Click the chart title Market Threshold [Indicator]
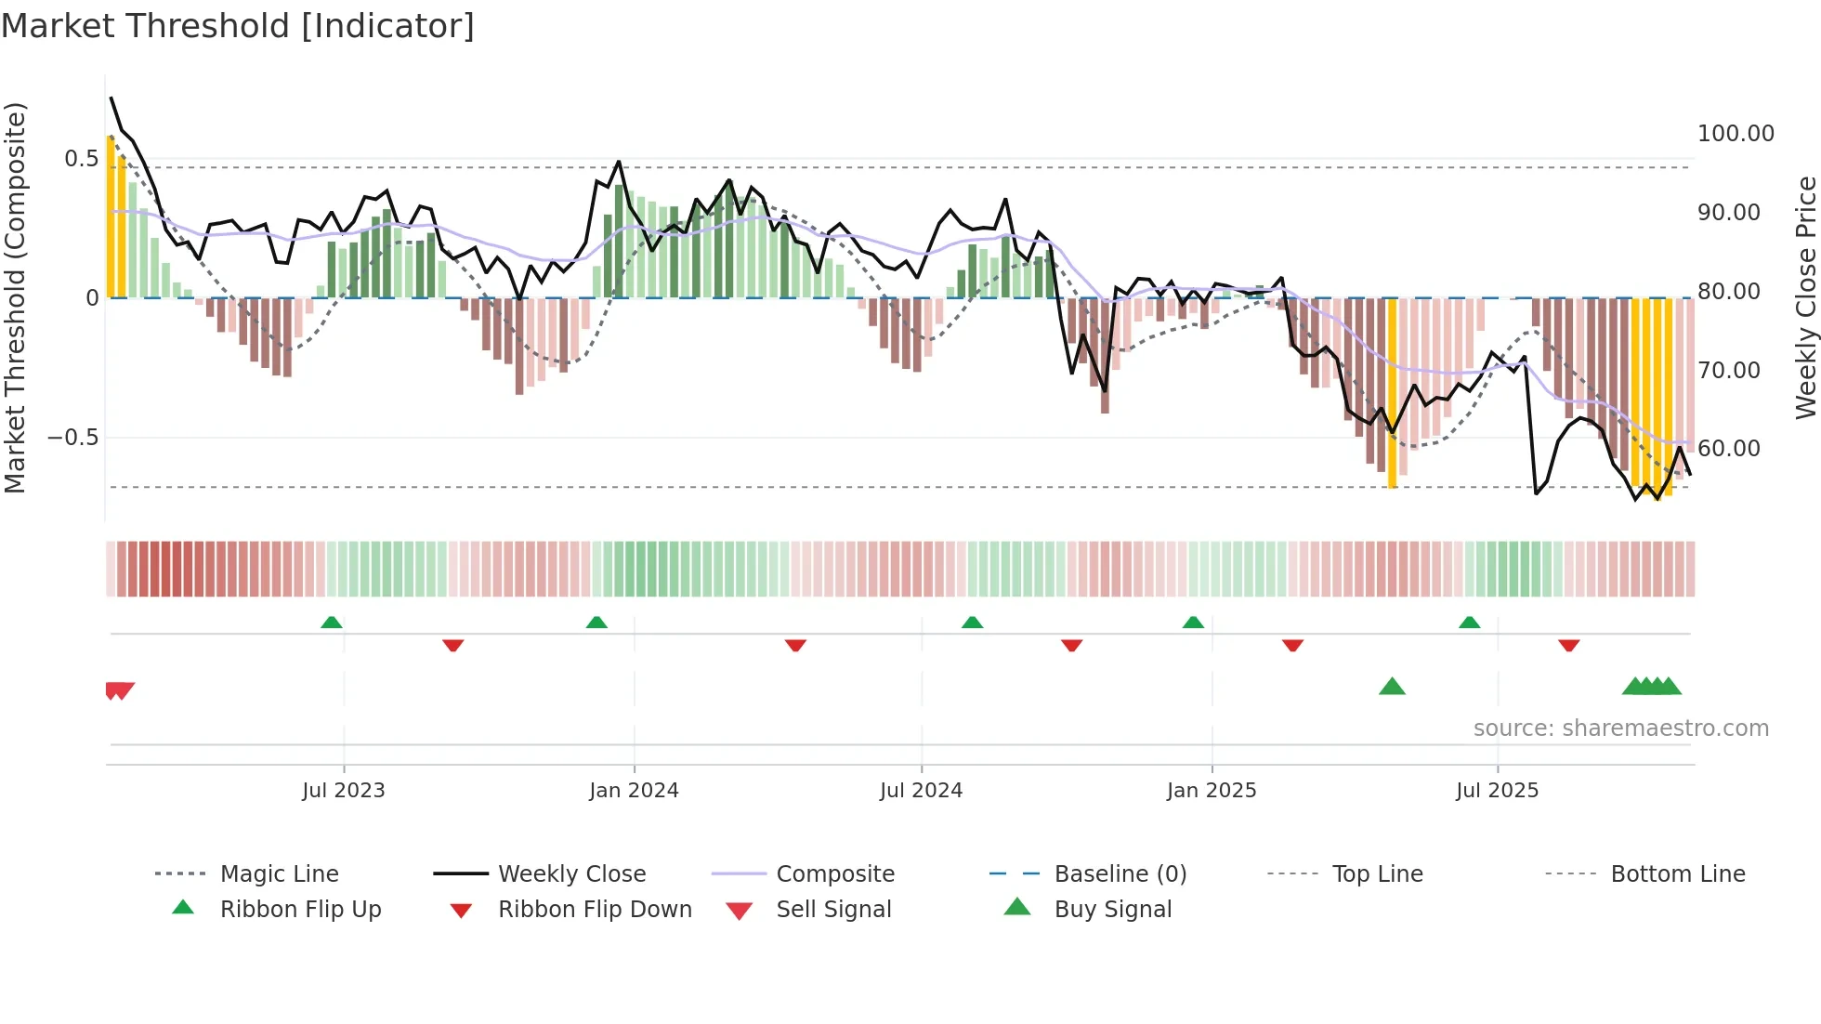point(238,26)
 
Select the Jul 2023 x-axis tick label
point(343,791)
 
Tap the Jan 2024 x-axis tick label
point(634,791)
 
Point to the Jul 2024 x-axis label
point(921,791)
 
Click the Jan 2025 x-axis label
point(1212,791)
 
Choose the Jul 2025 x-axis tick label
point(1497,791)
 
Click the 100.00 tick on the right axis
point(1736,134)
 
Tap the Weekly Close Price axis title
point(1805,297)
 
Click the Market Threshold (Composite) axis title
point(15,297)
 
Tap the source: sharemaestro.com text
point(1620,729)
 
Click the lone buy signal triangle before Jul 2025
point(1392,687)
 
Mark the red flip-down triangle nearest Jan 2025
point(1292,645)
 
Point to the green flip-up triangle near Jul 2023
point(332,623)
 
